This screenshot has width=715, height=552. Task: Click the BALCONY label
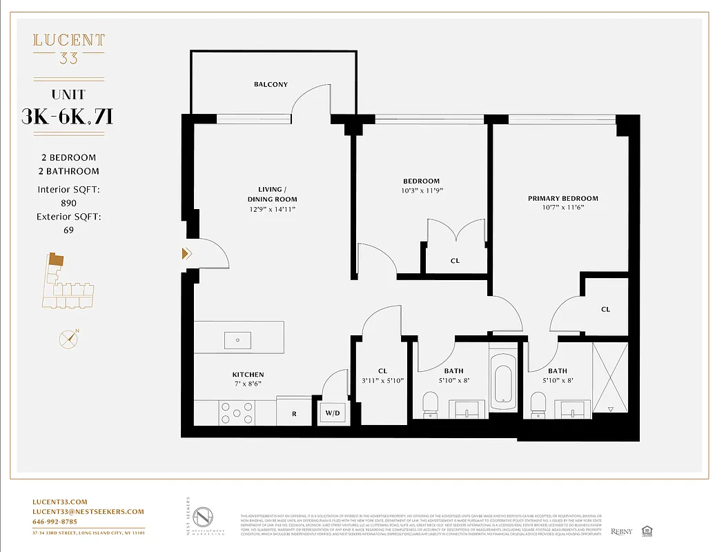(x=271, y=84)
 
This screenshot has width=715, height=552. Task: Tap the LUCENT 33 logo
(x=69, y=48)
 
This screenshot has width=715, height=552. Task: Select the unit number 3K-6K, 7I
(x=68, y=117)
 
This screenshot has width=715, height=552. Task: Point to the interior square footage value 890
(x=68, y=203)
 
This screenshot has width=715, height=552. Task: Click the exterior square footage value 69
(x=68, y=230)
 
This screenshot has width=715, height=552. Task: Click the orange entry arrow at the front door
(x=186, y=253)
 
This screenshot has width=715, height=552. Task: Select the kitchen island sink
(x=238, y=339)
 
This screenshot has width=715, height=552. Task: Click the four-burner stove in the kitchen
(x=236, y=413)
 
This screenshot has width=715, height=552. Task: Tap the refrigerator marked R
(x=294, y=413)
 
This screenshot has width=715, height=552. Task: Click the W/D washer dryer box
(x=332, y=414)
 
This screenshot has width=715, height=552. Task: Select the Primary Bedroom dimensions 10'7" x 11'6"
(x=562, y=207)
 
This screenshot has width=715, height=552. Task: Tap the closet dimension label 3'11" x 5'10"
(x=382, y=380)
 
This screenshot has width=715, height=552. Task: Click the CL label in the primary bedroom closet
(x=605, y=309)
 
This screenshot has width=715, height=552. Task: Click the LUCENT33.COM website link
(x=60, y=502)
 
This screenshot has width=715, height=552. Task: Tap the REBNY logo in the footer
(x=621, y=531)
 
